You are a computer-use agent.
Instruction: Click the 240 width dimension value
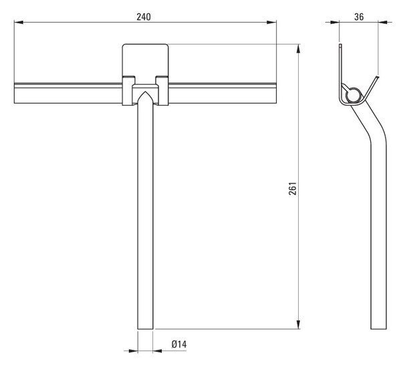[x=144, y=17]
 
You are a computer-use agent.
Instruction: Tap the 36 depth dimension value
[x=359, y=17]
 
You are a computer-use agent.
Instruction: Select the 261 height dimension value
[x=293, y=189]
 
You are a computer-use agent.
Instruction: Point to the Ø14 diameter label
[x=179, y=344]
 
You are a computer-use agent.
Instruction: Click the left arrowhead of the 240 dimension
[x=19, y=23]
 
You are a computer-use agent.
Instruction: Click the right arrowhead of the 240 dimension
[x=271, y=23]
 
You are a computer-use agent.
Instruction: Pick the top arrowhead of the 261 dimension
[x=299, y=49]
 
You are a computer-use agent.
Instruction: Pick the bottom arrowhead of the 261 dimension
[x=299, y=324]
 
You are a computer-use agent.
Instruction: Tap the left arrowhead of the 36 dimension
[x=335, y=23]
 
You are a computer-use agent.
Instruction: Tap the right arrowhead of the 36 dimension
[x=383, y=23]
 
